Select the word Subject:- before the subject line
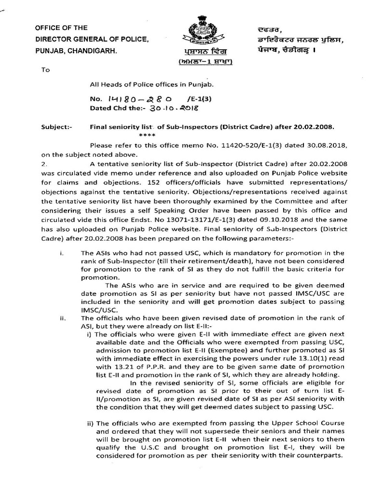pos(56,128)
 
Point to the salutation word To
pos(46,69)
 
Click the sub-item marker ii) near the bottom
pos(90,423)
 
